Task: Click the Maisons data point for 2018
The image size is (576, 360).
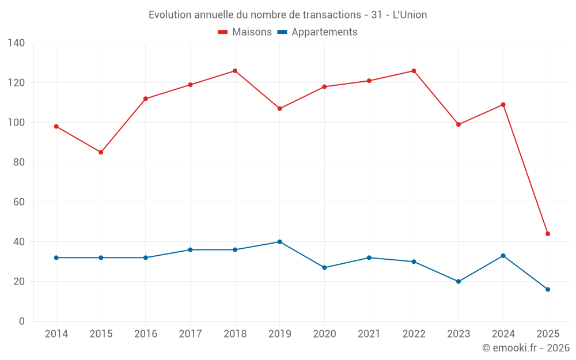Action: point(235,71)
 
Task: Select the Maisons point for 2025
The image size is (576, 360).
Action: point(548,234)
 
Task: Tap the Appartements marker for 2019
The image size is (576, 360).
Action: point(279,242)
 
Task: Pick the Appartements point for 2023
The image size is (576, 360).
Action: point(458,282)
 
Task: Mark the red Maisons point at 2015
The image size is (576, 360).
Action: point(101,152)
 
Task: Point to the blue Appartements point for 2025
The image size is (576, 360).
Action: point(548,289)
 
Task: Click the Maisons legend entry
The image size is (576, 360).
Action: point(245,32)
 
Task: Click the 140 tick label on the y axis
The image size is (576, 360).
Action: point(16,43)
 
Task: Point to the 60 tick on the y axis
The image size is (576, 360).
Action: point(19,202)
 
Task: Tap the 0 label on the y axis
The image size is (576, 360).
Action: point(21,321)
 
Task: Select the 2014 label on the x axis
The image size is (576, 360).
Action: point(56,334)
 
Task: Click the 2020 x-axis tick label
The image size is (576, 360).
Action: point(324,334)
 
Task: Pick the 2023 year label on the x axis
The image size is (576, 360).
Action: point(458,334)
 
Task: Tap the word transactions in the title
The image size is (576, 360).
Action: point(332,15)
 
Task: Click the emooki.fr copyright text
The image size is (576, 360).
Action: point(526,348)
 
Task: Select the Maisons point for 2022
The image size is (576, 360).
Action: point(414,71)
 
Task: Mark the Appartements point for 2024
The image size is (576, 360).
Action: point(503,256)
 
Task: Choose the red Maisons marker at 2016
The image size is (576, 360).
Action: point(146,98)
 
